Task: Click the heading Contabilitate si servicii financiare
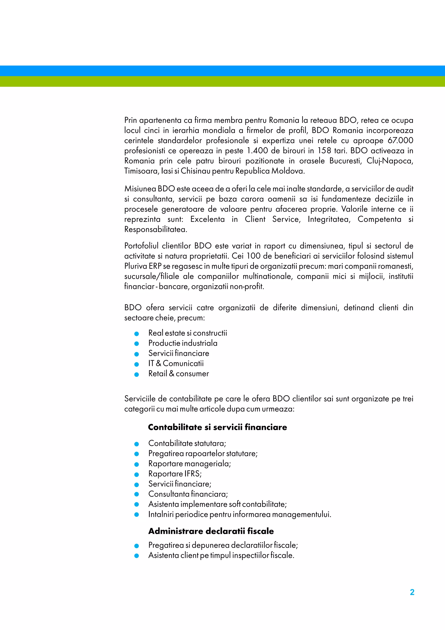tap(217, 427)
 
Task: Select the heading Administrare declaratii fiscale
tap(211, 531)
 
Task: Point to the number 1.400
tap(257, 151)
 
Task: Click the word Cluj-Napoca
tap(389, 161)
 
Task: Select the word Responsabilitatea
tap(155, 229)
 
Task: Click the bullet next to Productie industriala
tap(136, 344)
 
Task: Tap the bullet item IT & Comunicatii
tap(176, 364)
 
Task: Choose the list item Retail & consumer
tap(178, 374)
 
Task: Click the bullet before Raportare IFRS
tap(136, 474)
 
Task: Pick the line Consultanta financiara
tap(188, 494)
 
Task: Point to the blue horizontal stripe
tap(222, 71)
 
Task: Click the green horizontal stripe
tap(222, 82)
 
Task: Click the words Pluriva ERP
tap(143, 266)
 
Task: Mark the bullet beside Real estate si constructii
tap(136, 334)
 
